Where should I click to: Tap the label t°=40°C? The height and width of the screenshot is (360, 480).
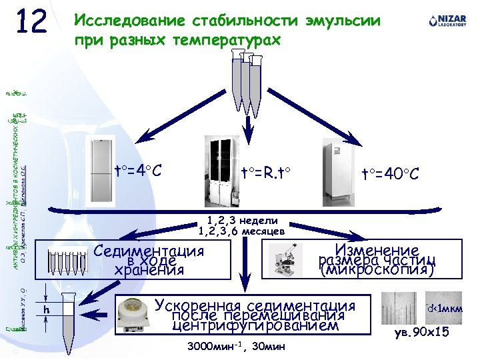coord(390,174)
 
